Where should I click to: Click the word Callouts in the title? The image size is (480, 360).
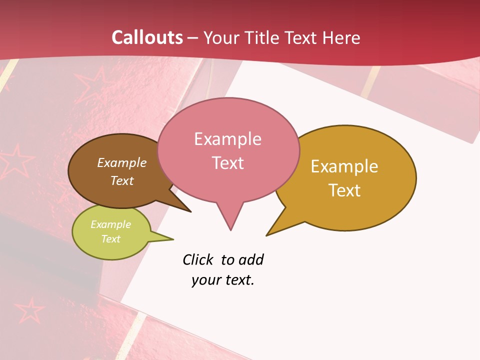147,37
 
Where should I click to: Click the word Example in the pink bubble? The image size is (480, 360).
227,139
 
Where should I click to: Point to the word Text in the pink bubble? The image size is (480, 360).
227,163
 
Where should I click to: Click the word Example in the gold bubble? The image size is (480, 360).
344,166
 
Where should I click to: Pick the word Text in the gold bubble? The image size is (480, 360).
344,190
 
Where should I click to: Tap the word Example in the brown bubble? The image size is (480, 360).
122,163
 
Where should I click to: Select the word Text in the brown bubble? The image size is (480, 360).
122,180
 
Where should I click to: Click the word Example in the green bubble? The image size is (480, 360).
110,224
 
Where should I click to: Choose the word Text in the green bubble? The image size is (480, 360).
110,239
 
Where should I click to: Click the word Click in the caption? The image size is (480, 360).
197,260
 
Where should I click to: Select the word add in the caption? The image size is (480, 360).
251,260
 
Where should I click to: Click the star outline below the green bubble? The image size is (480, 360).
28,311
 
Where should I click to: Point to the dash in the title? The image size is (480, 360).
193,37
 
